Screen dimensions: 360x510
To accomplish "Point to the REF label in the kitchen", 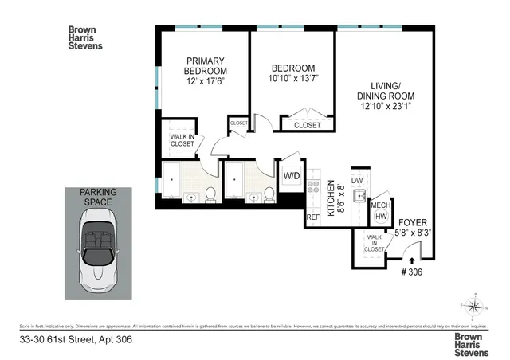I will coord(313,215).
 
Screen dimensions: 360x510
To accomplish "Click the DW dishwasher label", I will coord(359,181).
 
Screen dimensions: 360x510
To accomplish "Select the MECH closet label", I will coord(380,203).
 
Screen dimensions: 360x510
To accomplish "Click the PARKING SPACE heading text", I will coord(97,198).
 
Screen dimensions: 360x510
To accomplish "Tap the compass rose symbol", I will coord(474,307).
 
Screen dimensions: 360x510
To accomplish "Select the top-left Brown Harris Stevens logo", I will coord(84,37).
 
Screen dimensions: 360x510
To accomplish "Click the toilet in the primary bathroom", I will coord(211,193).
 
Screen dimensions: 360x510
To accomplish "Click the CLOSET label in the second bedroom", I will coord(308,125).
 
